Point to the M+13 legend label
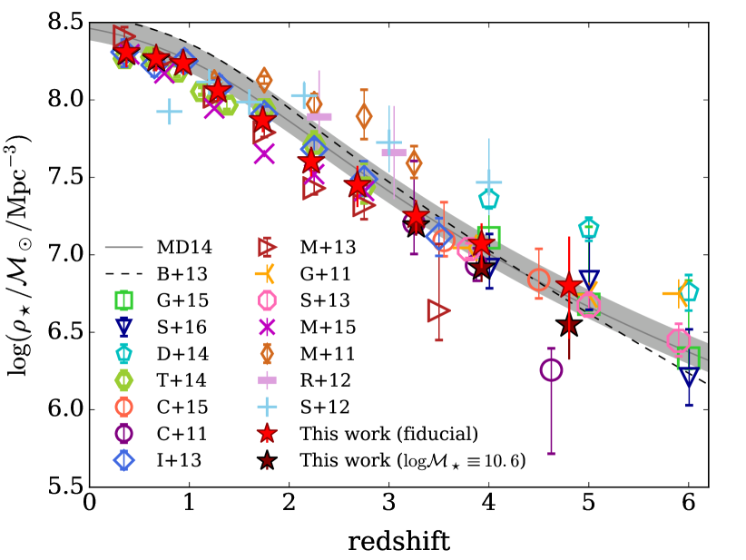[329, 246]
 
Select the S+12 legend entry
[329, 407]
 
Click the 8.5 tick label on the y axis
[61, 23]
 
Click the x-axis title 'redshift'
[399, 542]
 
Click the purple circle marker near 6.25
[551, 370]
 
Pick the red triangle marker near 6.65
[439, 310]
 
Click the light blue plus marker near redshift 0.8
[169, 112]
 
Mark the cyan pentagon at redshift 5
[589, 229]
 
